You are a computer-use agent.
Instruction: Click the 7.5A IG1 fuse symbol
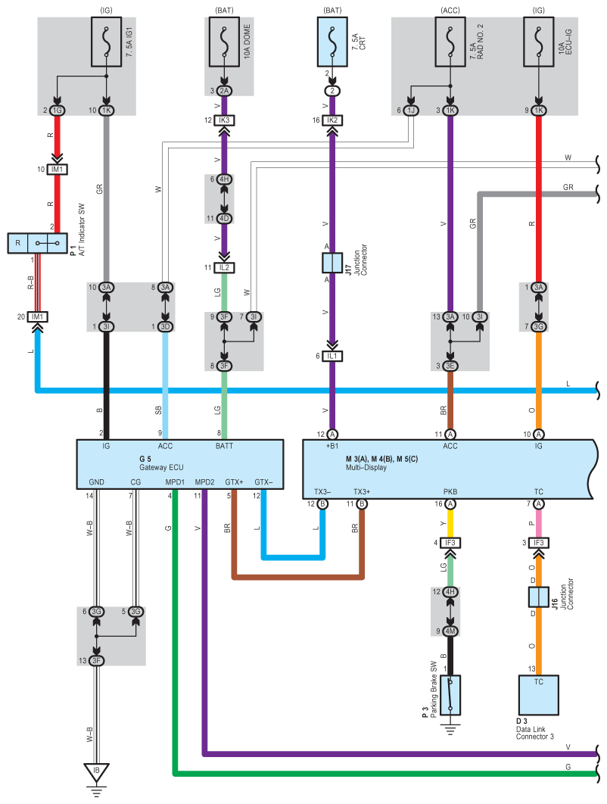(x=106, y=42)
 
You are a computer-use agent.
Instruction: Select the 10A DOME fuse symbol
(x=224, y=42)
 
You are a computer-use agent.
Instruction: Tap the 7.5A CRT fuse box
(x=332, y=42)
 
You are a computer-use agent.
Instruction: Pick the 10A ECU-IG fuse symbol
(x=538, y=42)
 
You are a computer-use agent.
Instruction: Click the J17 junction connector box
(x=332, y=263)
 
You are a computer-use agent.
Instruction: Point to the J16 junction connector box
(x=538, y=597)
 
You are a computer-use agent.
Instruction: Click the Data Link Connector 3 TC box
(x=538, y=695)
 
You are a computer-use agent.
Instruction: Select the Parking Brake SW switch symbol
(x=450, y=695)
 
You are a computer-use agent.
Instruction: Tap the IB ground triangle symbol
(x=96, y=771)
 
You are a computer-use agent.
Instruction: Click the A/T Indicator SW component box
(x=37, y=243)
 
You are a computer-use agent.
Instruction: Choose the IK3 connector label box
(x=224, y=120)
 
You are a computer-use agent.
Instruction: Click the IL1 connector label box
(x=332, y=356)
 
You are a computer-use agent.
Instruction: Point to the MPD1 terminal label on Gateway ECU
(x=175, y=482)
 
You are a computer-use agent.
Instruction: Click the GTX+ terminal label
(x=235, y=482)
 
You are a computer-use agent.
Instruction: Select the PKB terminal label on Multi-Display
(x=450, y=492)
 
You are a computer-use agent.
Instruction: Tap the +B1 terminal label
(x=332, y=446)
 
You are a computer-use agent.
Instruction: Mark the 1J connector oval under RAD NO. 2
(x=411, y=111)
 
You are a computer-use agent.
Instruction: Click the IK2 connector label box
(x=332, y=120)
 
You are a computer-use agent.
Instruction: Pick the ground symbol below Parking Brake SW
(x=450, y=729)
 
